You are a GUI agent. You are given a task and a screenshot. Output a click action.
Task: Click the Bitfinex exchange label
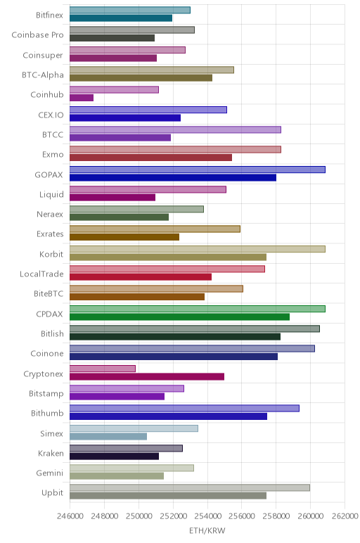pyautogui.click(x=49, y=15)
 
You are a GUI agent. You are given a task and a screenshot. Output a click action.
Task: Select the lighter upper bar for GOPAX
pyautogui.click(x=198, y=170)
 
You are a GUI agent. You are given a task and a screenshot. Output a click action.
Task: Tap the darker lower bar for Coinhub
pyautogui.click(x=82, y=98)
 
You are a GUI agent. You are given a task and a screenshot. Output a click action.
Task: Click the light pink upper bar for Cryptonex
pyautogui.click(x=103, y=369)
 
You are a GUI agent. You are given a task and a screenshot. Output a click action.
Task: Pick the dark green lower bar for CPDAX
pyautogui.click(x=179, y=317)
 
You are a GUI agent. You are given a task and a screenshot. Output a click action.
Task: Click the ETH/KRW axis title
pyautogui.click(x=207, y=530)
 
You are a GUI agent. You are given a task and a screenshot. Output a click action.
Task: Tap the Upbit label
pyautogui.click(x=52, y=493)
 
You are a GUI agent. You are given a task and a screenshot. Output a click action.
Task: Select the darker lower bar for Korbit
pyautogui.click(x=168, y=257)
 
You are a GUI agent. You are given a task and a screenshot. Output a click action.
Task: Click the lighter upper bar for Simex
pyautogui.click(x=134, y=428)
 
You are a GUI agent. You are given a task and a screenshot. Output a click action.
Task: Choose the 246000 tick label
pyautogui.click(x=70, y=516)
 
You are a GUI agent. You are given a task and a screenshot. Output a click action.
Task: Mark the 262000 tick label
pyautogui.click(x=345, y=516)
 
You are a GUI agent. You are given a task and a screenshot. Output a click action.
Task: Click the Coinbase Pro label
pyautogui.click(x=37, y=35)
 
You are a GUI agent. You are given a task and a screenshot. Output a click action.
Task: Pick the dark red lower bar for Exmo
pyautogui.click(x=150, y=158)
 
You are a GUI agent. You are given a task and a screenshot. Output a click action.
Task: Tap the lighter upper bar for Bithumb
pyautogui.click(x=184, y=408)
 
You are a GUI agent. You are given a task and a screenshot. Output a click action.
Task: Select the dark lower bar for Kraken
pyautogui.click(x=114, y=456)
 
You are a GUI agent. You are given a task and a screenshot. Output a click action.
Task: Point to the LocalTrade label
pyautogui.click(x=41, y=274)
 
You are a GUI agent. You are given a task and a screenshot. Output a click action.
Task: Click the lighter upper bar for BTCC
pyautogui.click(x=175, y=130)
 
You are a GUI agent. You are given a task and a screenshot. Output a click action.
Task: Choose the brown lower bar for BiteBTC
pyautogui.click(x=137, y=297)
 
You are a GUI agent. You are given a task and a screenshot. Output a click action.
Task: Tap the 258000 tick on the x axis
pyautogui.click(x=276, y=516)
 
